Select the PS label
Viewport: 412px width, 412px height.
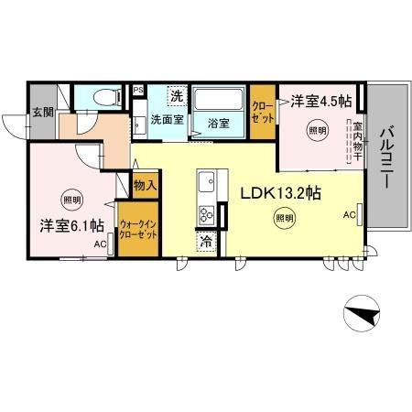(138, 90)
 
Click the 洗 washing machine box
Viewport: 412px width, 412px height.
(177, 95)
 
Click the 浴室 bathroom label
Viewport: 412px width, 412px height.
(218, 121)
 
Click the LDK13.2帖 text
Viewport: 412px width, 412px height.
(279, 193)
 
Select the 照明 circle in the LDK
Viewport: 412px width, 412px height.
(284, 218)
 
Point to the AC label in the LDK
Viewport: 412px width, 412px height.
(349, 215)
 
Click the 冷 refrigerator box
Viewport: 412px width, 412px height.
(205, 243)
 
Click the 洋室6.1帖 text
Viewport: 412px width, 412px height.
(70, 225)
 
